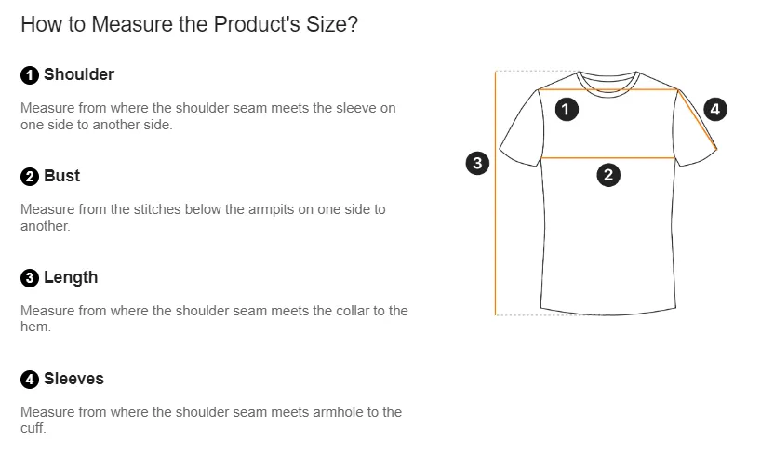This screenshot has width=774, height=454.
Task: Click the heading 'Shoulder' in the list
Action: pyautogui.click(x=79, y=74)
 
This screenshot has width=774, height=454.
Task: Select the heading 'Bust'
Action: pyautogui.click(x=61, y=176)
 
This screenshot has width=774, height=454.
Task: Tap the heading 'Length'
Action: pyautogui.click(x=70, y=277)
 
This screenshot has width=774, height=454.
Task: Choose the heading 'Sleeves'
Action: pyautogui.click(x=73, y=379)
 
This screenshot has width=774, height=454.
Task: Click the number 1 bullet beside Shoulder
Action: pyautogui.click(x=30, y=75)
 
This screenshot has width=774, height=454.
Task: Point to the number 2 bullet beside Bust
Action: pyautogui.click(x=30, y=177)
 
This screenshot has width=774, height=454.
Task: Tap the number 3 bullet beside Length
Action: pyautogui.click(x=30, y=278)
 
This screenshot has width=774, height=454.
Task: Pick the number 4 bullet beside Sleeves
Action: pyautogui.click(x=30, y=380)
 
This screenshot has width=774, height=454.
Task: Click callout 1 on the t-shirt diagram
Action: pyautogui.click(x=567, y=109)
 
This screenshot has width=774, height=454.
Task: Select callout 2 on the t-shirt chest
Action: pyautogui.click(x=607, y=174)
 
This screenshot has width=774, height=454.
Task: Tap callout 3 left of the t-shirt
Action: pyautogui.click(x=476, y=164)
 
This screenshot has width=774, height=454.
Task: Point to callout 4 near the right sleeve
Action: pyautogui.click(x=714, y=109)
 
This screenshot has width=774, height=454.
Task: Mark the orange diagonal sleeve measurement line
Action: pyautogui.click(x=698, y=118)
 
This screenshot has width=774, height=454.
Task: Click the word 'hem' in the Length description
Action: pyautogui.click(x=34, y=327)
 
